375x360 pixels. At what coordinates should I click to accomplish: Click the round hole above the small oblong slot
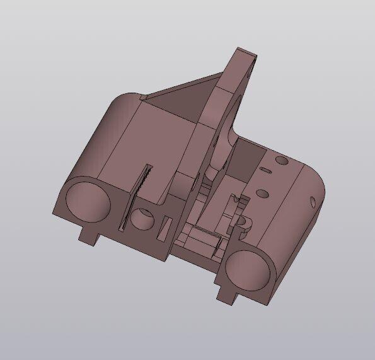pyautogui.click(x=281, y=161)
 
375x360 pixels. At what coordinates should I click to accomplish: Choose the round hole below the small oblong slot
pyautogui.click(x=263, y=192)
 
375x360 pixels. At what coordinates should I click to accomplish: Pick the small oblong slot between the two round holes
pyautogui.click(x=267, y=170)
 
